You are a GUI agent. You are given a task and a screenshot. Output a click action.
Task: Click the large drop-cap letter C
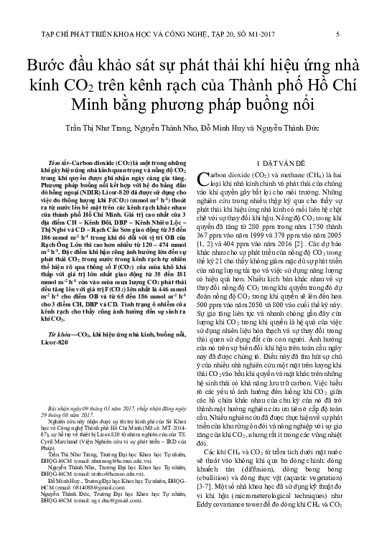[x=210, y=179]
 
